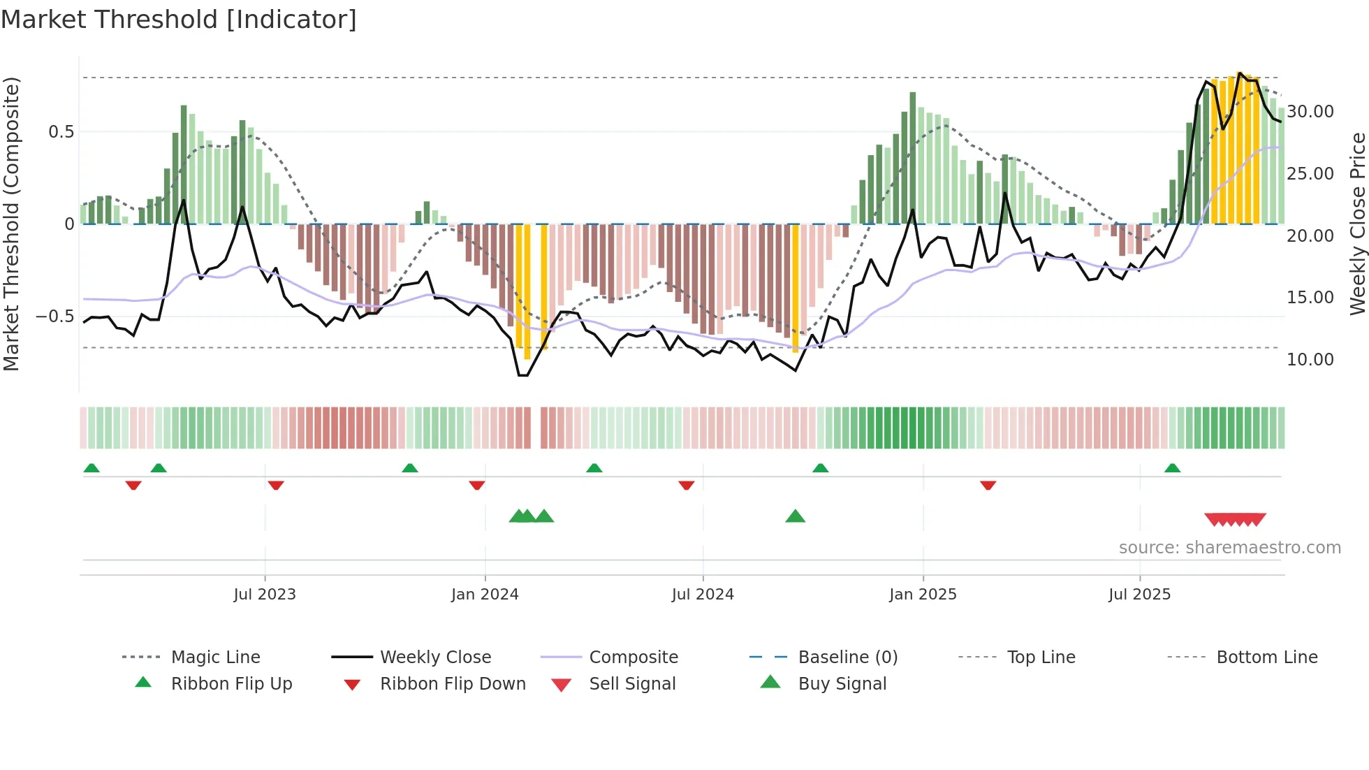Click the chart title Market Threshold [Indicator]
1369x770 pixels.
pos(179,20)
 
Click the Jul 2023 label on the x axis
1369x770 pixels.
pos(265,595)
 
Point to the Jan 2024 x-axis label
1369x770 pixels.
pos(485,595)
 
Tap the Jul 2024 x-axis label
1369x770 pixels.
pos(703,595)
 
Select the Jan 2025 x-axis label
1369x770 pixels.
pos(923,595)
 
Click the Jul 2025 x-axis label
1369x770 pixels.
pos(1139,595)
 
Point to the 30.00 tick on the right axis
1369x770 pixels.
pos(1310,112)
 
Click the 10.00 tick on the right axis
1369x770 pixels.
pos(1310,360)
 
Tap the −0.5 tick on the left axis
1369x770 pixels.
pos(55,317)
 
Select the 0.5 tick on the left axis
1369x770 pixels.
pos(61,132)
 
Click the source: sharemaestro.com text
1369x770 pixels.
pos(1229,548)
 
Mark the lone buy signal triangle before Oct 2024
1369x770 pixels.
pos(795,516)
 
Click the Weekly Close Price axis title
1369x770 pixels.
pos(1357,224)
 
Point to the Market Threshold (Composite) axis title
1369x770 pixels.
pos(12,224)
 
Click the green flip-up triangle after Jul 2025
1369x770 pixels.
pos(1172,468)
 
